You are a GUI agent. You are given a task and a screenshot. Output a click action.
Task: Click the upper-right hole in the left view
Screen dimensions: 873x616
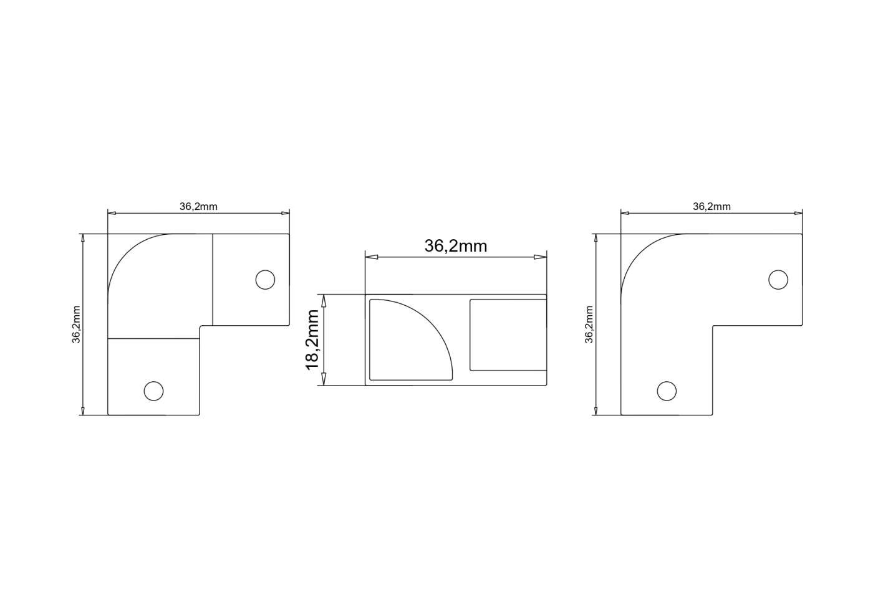tap(265, 280)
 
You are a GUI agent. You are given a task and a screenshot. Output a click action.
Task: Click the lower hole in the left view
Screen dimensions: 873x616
tap(153, 391)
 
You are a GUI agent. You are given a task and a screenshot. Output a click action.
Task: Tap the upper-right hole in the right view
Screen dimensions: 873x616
tap(778, 280)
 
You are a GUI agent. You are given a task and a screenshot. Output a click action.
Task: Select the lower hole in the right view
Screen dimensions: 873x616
tap(667, 391)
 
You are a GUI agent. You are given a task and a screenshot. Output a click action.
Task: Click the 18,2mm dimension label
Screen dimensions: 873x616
tap(312, 340)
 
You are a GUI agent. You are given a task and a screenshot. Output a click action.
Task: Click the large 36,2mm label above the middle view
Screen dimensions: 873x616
tap(456, 246)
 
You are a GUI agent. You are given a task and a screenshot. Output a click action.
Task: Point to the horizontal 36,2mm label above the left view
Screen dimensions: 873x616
tap(198, 206)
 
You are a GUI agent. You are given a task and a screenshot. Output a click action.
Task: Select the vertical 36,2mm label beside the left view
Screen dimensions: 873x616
tap(76, 325)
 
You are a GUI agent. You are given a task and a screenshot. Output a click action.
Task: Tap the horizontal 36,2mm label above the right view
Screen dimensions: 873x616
tap(711, 206)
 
